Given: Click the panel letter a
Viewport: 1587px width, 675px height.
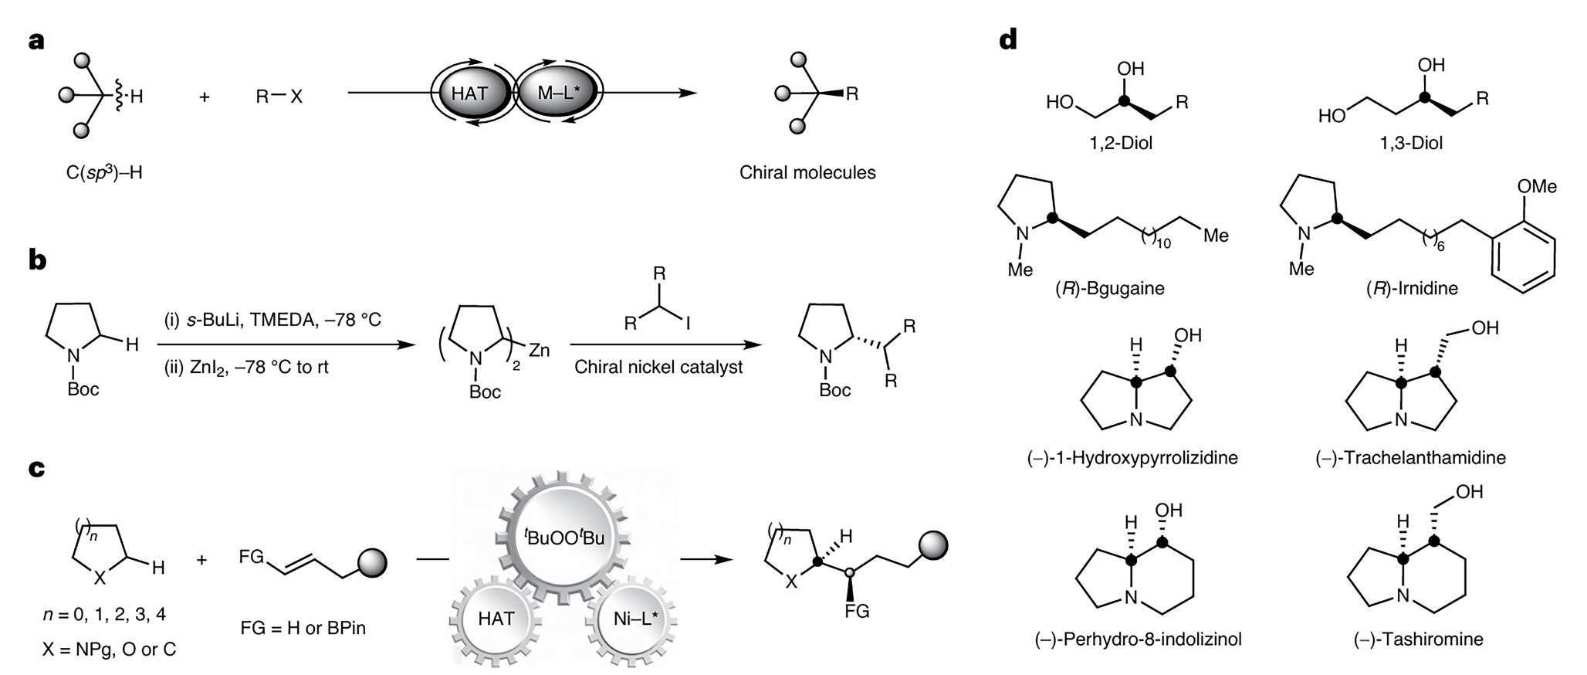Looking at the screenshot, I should (x=36, y=40).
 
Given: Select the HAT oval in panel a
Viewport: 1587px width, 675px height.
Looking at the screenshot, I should (x=470, y=93).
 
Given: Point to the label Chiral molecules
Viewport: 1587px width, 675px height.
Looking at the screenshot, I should (x=807, y=172).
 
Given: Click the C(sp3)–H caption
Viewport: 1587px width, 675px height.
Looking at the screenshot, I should (x=104, y=173).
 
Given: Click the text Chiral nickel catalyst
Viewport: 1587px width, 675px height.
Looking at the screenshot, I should (x=658, y=367).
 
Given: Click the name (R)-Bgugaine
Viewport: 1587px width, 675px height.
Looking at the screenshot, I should (x=1110, y=289).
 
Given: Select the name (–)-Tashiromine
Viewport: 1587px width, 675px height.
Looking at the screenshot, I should (x=1418, y=639).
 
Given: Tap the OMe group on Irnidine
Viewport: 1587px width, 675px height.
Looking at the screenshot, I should (x=1537, y=186).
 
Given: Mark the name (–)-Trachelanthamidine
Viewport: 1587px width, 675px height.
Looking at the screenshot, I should (x=1410, y=458).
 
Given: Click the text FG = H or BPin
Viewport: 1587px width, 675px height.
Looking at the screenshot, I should (x=303, y=627).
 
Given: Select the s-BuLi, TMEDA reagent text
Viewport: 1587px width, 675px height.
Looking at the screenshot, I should (x=272, y=320).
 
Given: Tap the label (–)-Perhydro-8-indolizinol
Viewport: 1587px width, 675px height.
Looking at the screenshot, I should (x=1138, y=639).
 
